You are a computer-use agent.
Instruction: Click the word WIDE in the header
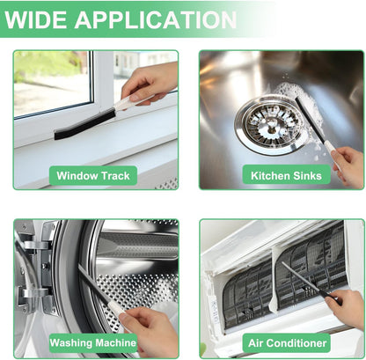click(37, 19)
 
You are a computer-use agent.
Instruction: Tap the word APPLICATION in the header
click(156, 19)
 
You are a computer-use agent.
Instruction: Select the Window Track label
click(93, 175)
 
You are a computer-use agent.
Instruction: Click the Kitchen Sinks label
click(286, 175)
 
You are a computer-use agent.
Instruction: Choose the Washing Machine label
click(93, 342)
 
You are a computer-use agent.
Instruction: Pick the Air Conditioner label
click(287, 342)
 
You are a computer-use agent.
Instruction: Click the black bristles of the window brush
click(84, 124)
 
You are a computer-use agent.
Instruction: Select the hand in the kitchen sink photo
click(349, 165)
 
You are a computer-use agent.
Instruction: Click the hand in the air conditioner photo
click(347, 308)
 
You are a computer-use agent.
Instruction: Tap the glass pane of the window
click(52, 83)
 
